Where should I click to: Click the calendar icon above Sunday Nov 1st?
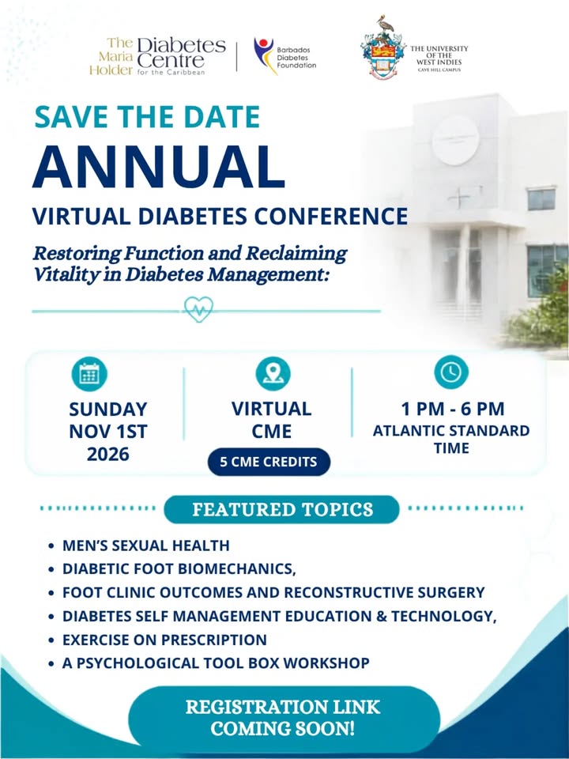coord(89,374)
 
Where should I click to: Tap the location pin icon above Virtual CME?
coord(273,374)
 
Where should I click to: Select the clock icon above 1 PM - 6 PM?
coord(451,372)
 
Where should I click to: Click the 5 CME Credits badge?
coord(269,462)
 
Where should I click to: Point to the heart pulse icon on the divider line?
coord(198,309)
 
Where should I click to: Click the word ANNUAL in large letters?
coord(159,167)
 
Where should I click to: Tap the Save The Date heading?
coord(148,117)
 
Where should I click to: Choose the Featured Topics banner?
coord(281,509)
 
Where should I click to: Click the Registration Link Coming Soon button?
coord(284,717)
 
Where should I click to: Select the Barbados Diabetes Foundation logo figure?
coord(264,55)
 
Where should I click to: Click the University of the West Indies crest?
coord(383,47)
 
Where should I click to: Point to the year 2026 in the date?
coord(108,454)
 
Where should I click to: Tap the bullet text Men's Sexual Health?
coord(146,546)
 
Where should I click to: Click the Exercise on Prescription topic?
coord(164,640)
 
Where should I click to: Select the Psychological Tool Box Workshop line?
coord(216,663)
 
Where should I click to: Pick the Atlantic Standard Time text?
coord(451,439)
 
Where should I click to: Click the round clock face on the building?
coord(455,141)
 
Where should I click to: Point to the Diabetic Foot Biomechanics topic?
coord(179,568)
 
